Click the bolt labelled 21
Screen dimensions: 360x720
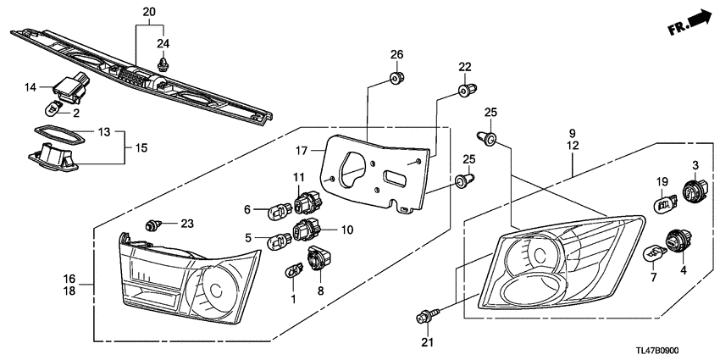pyautogui.click(x=425, y=318)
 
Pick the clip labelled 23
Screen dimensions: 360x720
pyautogui.click(x=154, y=224)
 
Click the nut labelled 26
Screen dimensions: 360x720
pyautogui.click(x=396, y=79)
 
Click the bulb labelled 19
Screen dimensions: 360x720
pyautogui.click(x=665, y=204)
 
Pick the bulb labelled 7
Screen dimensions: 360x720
pyautogui.click(x=656, y=252)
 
